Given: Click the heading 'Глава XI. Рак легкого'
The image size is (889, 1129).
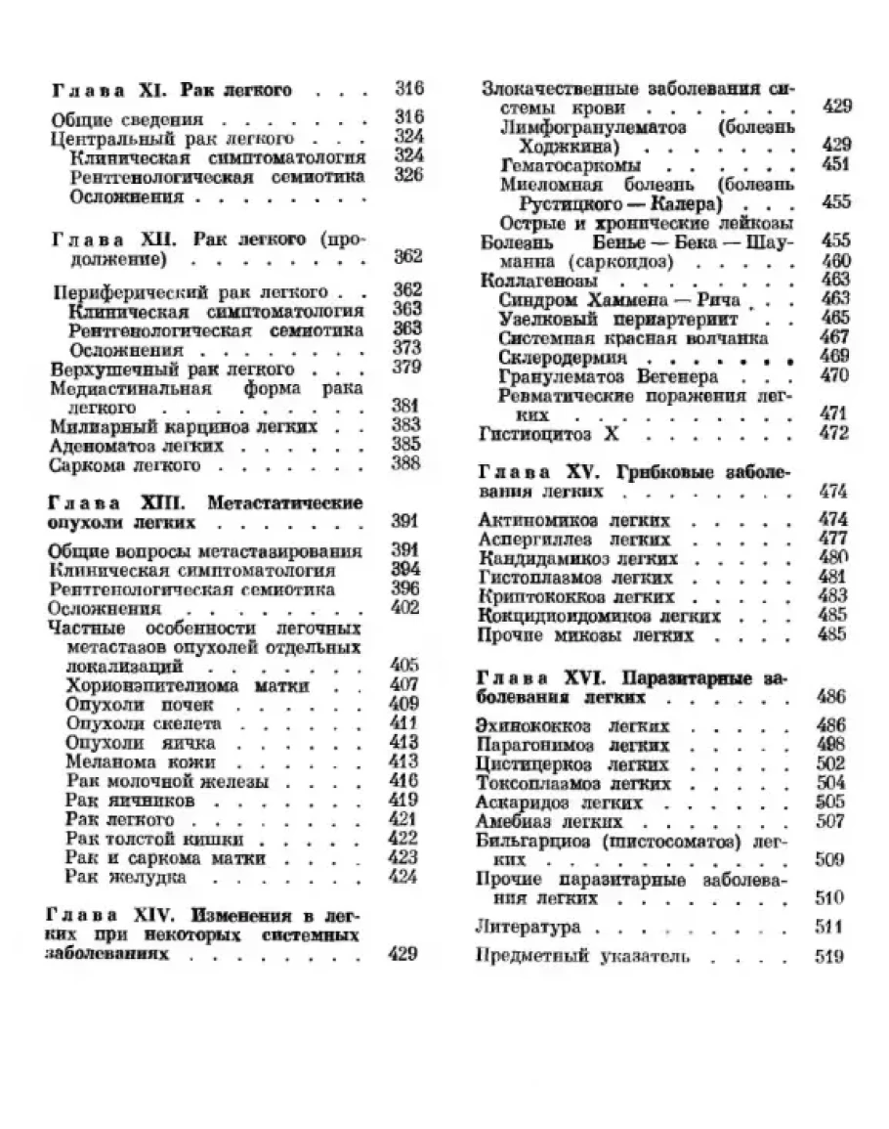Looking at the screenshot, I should click(172, 91).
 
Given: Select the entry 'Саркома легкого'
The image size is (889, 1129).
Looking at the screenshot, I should click(124, 465).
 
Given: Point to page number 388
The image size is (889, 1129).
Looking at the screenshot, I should click(405, 464).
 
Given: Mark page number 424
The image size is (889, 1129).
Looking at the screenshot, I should click(402, 876).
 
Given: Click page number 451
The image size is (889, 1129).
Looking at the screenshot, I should click(836, 164).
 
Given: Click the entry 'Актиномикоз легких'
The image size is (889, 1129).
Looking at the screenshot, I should click(574, 520).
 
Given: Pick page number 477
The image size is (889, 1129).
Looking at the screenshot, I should click(832, 539).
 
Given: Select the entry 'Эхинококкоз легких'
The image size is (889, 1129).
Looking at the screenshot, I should click(572, 726).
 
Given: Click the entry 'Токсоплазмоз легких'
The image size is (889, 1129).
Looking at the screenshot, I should click(574, 784).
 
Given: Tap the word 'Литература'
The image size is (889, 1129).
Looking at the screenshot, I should click(528, 927).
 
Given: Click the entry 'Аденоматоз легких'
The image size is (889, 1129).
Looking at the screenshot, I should click(137, 446).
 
